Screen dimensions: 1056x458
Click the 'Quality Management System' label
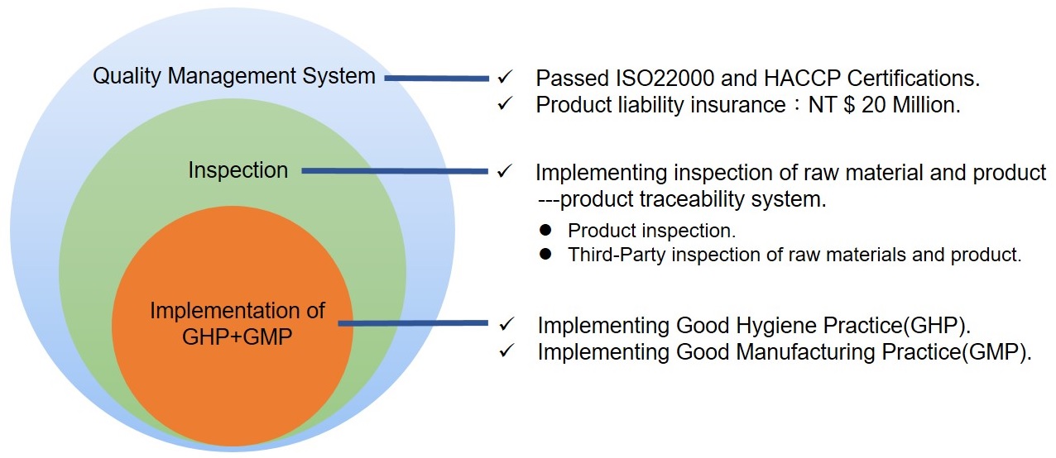tap(234, 76)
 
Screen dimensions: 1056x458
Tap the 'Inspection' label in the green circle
tap(238, 170)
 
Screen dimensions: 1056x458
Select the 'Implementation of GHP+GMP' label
tap(238, 324)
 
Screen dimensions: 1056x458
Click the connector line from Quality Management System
tap(436, 79)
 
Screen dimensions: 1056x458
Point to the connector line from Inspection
tap(395, 171)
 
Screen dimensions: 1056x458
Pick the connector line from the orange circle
tap(413, 323)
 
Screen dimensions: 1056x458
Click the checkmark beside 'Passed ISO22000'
tap(505, 77)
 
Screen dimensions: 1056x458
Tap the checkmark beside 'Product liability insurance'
tap(505, 103)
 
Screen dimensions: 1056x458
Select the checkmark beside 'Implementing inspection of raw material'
tap(505, 171)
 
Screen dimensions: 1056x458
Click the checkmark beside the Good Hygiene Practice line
tap(506, 324)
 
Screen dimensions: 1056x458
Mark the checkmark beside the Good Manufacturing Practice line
tap(506, 351)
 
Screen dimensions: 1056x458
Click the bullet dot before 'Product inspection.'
tap(546, 230)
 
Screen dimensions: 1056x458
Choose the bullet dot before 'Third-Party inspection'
tap(546, 254)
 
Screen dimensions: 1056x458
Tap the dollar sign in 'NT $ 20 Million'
tap(849, 105)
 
